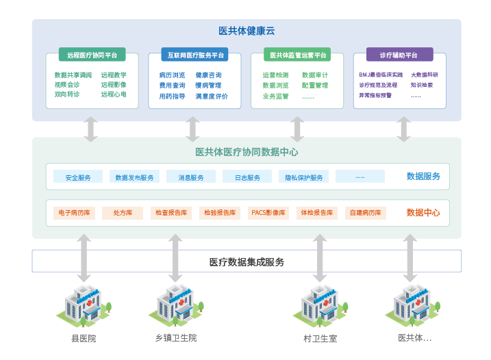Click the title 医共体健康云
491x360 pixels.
[246, 31]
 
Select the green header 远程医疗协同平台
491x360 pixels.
[92, 55]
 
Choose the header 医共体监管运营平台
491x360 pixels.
[298, 55]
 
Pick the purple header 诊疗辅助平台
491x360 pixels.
[398, 55]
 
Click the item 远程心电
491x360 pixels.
[114, 94]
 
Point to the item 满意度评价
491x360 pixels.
[212, 97]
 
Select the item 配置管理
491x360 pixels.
[315, 86]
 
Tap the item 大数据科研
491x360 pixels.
[425, 75]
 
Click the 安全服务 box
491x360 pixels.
[78, 177]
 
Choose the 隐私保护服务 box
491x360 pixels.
[304, 177]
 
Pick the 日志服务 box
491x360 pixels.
[247, 177]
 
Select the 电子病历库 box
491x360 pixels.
[74, 213]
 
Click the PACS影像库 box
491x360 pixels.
[268, 213]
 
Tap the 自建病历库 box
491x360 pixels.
[366, 213]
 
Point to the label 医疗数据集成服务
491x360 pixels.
[247, 261]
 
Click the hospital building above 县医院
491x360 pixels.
[84, 305]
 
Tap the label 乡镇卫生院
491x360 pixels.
[176, 338]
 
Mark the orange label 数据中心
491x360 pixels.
[423, 213]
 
